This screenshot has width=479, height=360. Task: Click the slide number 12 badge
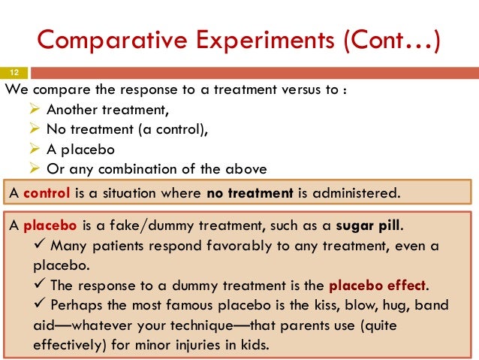(x=14, y=74)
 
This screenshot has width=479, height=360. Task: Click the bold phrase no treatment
(x=249, y=192)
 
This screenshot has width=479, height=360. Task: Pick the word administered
(x=354, y=192)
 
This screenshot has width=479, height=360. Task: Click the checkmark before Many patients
(x=38, y=245)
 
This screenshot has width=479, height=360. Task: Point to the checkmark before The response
(x=38, y=286)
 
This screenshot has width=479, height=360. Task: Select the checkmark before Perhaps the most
(x=38, y=306)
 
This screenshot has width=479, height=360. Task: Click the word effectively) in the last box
(x=71, y=347)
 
